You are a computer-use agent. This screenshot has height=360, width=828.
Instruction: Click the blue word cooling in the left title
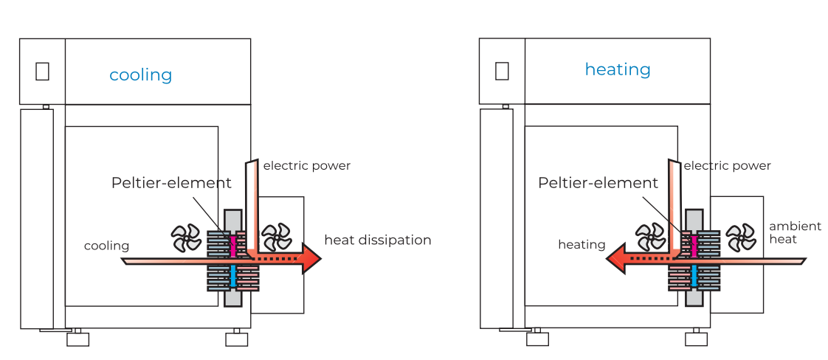[140, 75]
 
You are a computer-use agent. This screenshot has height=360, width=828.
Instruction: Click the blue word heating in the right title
[618, 69]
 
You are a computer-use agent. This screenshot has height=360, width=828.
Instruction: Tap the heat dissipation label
[377, 240]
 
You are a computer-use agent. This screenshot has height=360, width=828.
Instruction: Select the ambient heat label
[795, 232]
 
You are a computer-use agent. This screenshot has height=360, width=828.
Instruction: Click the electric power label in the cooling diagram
[306, 166]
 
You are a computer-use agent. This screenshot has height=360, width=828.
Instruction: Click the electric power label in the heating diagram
[727, 166]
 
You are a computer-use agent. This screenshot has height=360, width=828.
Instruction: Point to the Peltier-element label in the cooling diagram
[171, 183]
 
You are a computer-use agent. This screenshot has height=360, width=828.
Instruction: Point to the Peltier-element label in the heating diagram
[598, 183]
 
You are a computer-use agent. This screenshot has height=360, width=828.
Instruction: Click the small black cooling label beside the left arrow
[106, 246]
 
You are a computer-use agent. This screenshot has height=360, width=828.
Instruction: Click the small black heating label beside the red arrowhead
[582, 244]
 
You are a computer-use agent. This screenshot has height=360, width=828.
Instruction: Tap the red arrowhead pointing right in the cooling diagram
[311, 258]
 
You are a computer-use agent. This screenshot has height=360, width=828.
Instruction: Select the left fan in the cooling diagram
[186, 238]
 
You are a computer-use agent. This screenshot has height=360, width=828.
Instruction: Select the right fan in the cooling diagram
[277, 238]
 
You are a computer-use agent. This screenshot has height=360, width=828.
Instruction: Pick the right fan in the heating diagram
[741, 238]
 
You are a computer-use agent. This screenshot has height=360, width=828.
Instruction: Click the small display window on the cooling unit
[42, 71]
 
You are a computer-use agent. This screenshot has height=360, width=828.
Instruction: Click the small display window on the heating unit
[502, 71]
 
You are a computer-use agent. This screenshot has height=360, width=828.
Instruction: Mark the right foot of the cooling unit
[236, 339]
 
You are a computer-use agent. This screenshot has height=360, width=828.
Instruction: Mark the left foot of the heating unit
[537, 339]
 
